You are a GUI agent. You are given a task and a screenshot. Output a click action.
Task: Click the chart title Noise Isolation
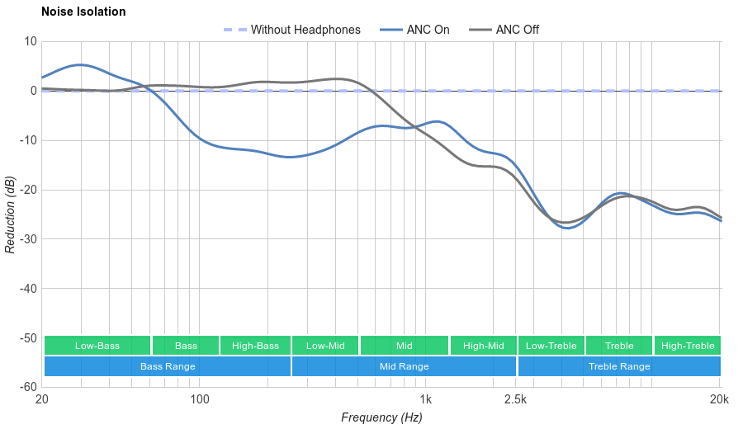pyautogui.click(x=83, y=12)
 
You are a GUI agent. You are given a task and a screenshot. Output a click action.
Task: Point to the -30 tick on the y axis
pyautogui.click(x=27, y=239)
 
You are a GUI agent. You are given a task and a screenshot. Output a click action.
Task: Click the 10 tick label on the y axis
pyautogui.click(x=31, y=41)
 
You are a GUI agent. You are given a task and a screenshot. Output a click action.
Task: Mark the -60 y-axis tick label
pyautogui.click(x=27, y=387)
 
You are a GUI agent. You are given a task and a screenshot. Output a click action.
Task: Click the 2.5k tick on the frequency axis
pyautogui.click(x=515, y=400)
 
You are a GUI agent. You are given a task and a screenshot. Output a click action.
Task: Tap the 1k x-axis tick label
pyautogui.click(x=426, y=400)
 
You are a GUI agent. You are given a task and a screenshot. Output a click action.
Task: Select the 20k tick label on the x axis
pyautogui.click(x=719, y=400)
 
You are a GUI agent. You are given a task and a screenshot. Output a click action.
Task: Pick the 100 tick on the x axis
pyautogui.click(x=200, y=400)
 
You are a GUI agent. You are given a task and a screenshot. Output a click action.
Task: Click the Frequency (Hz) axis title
pyautogui.click(x=381, y=417)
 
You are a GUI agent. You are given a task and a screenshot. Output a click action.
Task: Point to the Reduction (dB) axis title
pyautogui.click(x=10, y=214)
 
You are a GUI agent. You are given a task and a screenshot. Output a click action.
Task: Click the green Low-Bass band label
pyautogui.click(x=97, y=346)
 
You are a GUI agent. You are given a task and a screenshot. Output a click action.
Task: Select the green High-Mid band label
pyautogui.click(x=483, y=346)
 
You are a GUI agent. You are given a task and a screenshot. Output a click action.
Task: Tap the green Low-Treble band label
pyautogui.click(x=551, y=346)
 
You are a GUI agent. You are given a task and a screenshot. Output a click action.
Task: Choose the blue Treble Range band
pyautogui.click(x=619, y=366)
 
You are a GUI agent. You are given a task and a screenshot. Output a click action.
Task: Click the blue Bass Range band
pyautogui.click(x=168, y=366)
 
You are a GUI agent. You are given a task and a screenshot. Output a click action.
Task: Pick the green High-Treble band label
pyautogui.click(x=688, y=346)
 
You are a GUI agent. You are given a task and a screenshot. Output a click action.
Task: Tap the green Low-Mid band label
pyautogui.click(x=325, y=346)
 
